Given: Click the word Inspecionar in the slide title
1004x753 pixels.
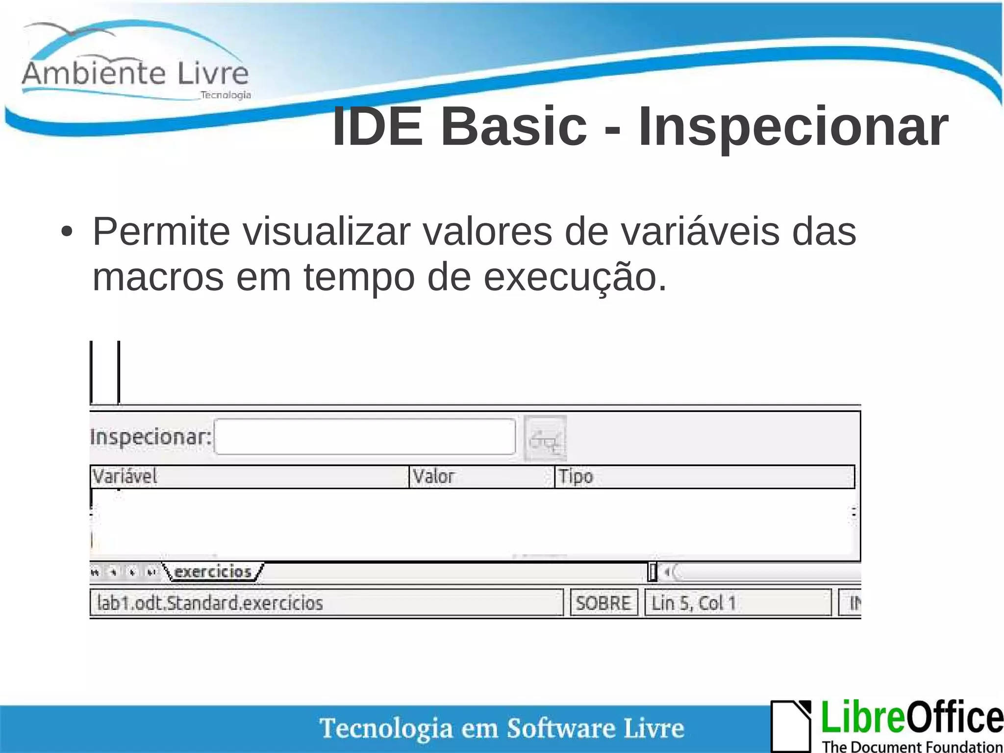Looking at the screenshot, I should (x=793, y=128).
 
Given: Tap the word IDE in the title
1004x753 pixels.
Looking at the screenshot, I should (x=377, y=128).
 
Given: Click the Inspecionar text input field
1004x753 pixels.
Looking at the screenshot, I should (x=365, y=437).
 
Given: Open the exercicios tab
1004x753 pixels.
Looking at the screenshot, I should (x=213, y=572).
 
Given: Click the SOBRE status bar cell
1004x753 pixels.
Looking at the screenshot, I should (x=603, y=603).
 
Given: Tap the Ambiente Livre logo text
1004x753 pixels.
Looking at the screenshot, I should (x=135, y=74).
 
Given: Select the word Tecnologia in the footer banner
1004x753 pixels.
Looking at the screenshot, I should (x=386, y=728).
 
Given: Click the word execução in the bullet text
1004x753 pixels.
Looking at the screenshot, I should (x=575, y=277).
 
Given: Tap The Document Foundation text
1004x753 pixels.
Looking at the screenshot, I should (x=912, y=747).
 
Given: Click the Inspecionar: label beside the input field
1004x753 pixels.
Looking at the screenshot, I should (x=151, y=437).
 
